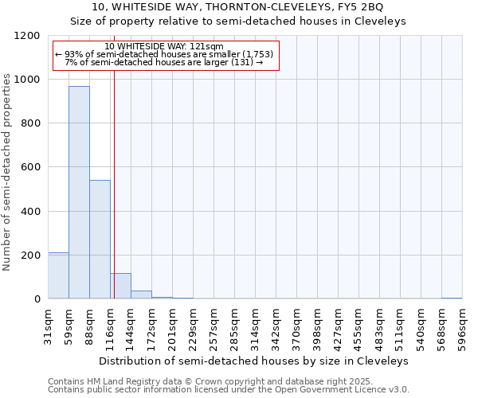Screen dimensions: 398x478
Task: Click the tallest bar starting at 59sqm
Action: point(79,192)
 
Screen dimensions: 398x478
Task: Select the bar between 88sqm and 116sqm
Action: point(100,239)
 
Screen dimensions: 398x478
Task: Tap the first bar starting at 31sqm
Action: point(58,275)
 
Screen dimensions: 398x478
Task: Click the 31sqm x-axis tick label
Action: point(49,325)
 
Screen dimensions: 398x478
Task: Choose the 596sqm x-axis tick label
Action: point(463,325)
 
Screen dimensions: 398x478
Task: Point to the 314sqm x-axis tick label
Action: point(256,325)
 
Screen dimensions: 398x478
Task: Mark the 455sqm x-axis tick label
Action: point(359,325)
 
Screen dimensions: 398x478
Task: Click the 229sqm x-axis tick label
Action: point(194,325)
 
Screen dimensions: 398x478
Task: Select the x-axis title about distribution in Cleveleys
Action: point(255,361)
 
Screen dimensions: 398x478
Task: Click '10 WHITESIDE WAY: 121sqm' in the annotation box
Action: point(164,47)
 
